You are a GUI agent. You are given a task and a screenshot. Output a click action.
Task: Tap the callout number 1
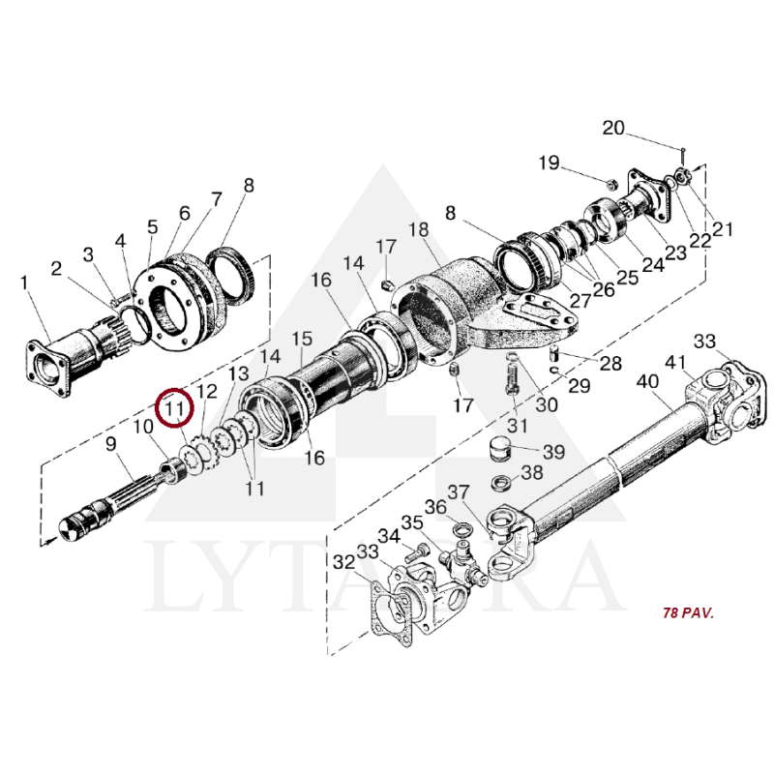click(x=24, y=283)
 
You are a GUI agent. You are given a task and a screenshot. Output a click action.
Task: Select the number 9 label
click(x=110, y=444)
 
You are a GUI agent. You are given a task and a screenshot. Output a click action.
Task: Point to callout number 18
click(x=418, y=229)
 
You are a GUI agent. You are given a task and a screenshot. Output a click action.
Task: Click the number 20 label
click(x=614, y=128)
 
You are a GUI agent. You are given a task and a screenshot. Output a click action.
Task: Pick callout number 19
click(x=549, y=163)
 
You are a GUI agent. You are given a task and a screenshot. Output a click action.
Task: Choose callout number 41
click(x=674, y=363)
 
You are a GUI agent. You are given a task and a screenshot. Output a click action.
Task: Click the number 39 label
click(x=553, y=451)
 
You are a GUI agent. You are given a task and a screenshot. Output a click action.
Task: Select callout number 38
click(x=532, y=473)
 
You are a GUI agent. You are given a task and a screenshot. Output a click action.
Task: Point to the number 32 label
click(x=343, y=562)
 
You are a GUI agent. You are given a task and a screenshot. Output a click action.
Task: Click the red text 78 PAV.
click(x=688, y=613)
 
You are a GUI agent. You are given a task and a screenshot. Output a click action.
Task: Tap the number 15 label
click(x=302, y=339)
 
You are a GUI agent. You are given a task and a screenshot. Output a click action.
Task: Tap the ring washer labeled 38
click(x=502, y=482)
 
